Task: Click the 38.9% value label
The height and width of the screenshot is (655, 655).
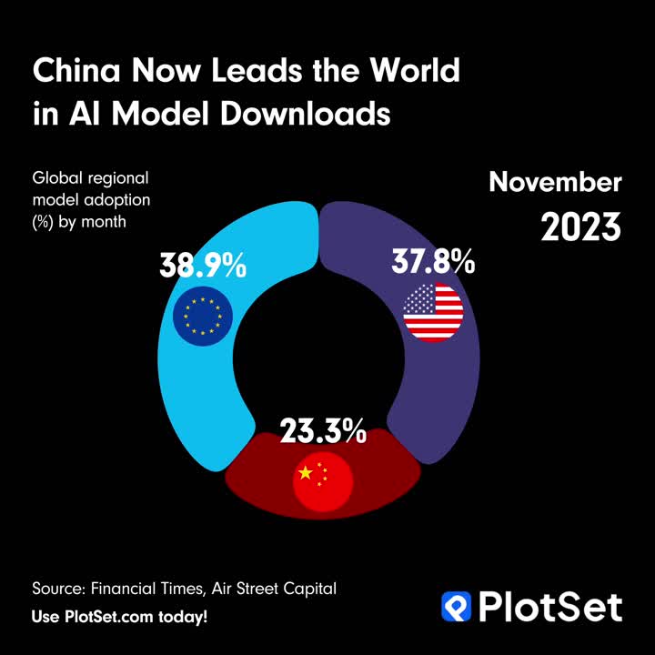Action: (x=202, y=266)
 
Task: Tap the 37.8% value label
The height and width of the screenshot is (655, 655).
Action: (x=433, y=262)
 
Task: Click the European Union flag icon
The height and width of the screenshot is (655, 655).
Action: (x=202, y=316)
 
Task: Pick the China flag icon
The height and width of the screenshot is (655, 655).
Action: (x=321, y=479)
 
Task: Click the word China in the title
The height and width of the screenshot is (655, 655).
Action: (x=76, y=71)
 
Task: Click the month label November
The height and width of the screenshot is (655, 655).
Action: (x=555, y=182)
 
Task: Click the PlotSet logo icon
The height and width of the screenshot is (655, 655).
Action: (x=457, y=606)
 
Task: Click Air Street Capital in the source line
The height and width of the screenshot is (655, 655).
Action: (x=274, y=589)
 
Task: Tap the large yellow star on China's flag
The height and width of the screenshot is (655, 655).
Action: (x=306, y=473)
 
